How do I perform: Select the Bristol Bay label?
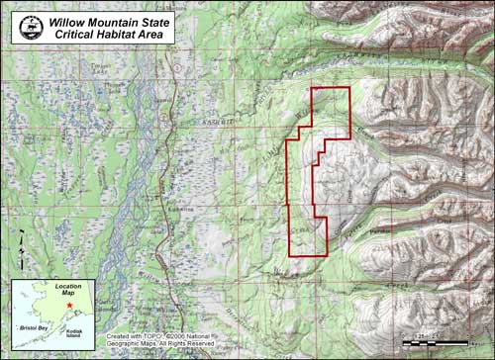[38, 324]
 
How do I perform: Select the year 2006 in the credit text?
[181, 336]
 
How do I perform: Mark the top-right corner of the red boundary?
[350, 89]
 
